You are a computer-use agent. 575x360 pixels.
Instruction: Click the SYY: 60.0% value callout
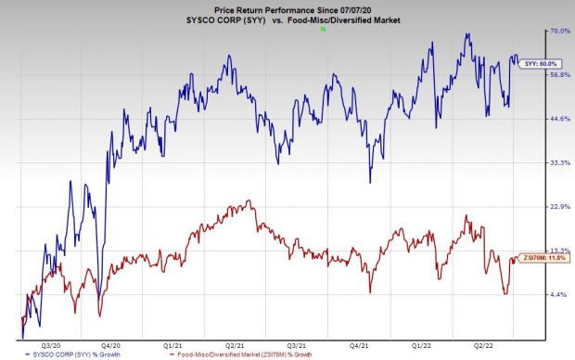[x=544, y=63]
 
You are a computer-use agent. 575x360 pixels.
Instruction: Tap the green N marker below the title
[x=322, y=30]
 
